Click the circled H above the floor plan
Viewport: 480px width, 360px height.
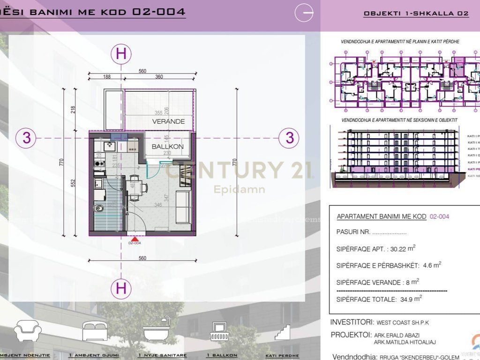tap(121, 54)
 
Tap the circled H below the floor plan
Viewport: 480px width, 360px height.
tap(121, 288)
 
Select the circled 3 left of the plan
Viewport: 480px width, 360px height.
tap(27, 138)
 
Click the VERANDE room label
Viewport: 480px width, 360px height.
tap(168, 121)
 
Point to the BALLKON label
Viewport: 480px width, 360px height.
tap(167, 147)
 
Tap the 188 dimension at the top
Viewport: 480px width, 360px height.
tap(107, 77)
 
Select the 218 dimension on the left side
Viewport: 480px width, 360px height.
tap(73, 110)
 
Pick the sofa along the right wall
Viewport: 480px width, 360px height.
tap(183, 206)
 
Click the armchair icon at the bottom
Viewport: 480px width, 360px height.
tap(28, 331)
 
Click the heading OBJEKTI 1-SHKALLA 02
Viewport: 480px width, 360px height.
tap(416, 14)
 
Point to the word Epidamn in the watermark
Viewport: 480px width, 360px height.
tap(240, 189)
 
